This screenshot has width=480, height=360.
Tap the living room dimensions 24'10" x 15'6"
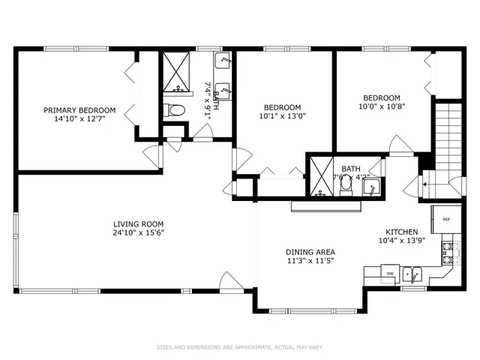[138, 232]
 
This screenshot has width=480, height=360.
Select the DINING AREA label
[310, 252]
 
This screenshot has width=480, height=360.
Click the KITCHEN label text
[397, 232]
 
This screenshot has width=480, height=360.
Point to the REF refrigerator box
[445, 220]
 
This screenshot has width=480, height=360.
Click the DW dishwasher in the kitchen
[390, 274]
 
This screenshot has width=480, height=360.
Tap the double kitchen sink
[412, 274]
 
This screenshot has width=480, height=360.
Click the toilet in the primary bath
[175, 111]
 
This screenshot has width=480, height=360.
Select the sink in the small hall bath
[371, 188]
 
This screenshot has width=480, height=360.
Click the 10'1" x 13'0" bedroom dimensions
[283, 116]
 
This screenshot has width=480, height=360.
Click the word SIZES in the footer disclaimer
[163, 347]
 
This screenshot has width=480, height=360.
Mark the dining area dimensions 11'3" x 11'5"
[310, 261]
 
